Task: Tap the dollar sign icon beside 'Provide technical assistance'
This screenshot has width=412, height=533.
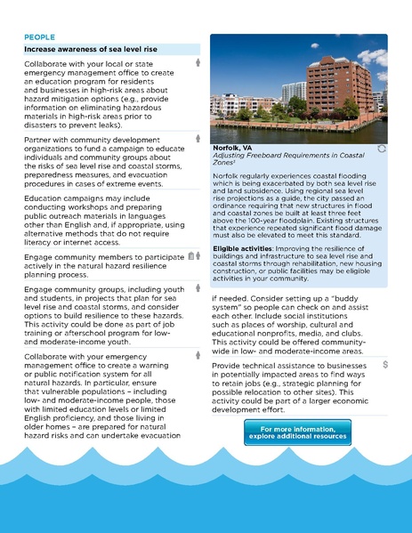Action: click(x=384, y=365)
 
